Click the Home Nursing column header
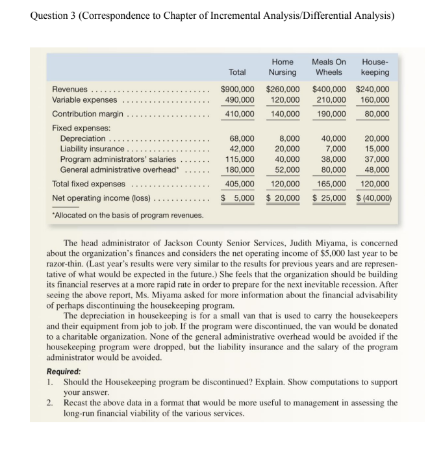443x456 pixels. (283, 67)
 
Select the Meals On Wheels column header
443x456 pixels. (329, 67)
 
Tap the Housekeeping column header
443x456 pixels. (375, 67)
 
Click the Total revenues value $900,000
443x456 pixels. (237, 89)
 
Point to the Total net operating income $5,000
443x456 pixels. (238, 197)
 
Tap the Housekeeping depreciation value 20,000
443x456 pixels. (377, 138)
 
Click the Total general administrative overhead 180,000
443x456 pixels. (240, 170)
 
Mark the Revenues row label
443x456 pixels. (70, 89)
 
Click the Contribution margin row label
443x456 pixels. (88, 114)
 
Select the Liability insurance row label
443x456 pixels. (92, 149)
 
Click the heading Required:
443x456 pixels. (64, 372)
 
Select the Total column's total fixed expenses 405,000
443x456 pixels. (240, 184)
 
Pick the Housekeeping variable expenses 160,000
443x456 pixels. (375, 99)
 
